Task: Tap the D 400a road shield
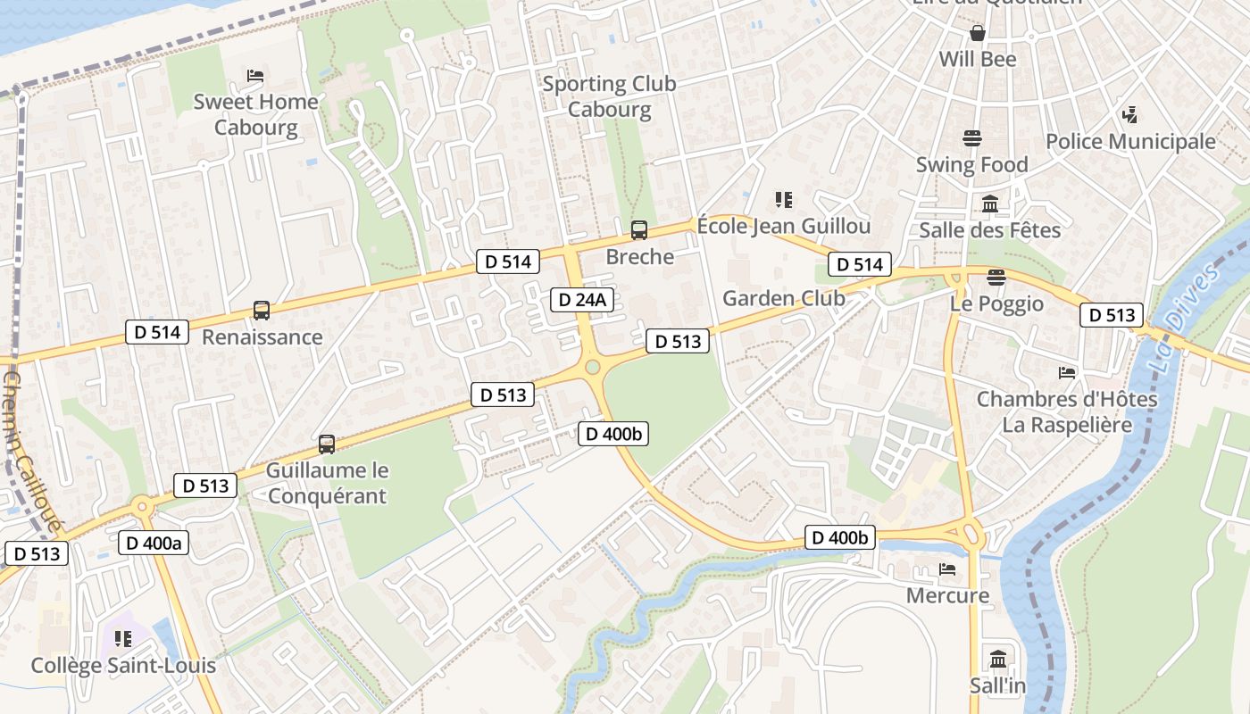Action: coord(154,543)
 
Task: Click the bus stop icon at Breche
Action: coord(639,230)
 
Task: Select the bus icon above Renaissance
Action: coord(261,311)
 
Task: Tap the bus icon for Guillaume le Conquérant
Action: coord(327,444)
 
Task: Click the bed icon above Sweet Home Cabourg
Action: coord(255,76)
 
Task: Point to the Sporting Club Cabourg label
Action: coord(610,96)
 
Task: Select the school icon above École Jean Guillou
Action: coord(783,200)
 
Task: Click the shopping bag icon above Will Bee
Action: coord(978,33)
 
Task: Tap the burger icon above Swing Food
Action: coord(972,138)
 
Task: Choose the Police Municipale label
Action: coord(1130,142)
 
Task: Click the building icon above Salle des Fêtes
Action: coord(990,204)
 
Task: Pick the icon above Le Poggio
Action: coord(996,278)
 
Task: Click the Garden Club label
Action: coord(783,298)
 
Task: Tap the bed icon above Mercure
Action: coord(947,569)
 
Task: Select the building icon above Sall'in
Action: coord(998,660)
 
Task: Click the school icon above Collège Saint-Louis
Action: coord(123,639)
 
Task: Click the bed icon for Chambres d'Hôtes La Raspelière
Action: coord(1067,372)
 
